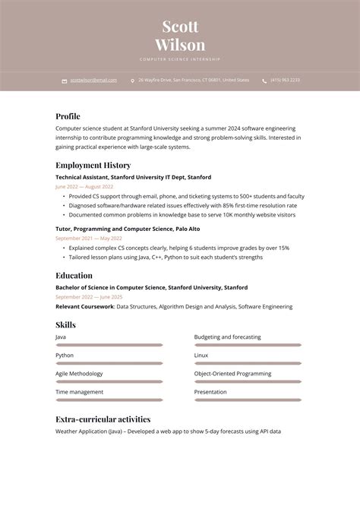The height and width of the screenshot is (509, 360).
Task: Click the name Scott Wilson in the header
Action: pos(180,36)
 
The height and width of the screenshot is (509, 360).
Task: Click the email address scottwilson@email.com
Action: pos(93,80)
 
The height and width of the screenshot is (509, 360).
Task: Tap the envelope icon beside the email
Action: pos(64,81)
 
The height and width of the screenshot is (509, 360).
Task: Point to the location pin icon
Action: pos(132,81)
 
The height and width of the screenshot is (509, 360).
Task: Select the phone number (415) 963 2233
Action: pos(285,80)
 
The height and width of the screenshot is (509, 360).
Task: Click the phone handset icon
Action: pos(264,81)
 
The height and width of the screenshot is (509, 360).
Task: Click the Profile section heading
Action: pos(68,116)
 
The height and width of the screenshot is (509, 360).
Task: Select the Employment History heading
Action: pos(93,165)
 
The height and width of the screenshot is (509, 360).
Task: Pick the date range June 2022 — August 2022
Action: pos(84,186)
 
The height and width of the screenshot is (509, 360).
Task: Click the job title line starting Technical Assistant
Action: pos(133,176)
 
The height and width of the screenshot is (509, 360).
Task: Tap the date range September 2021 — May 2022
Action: pos(89,238)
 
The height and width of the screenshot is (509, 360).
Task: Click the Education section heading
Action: pos(74,275)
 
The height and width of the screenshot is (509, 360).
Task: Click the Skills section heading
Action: pos(65,324)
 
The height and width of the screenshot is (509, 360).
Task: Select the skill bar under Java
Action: pos(109,345)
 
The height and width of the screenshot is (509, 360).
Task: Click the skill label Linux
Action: pos(201,355)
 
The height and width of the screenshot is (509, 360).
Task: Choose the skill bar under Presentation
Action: pos(248,400)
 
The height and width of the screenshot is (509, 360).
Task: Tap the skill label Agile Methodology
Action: pos(79,373)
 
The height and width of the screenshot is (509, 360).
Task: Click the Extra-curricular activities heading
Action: pos(103,419)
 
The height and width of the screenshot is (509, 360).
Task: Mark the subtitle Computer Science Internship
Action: pos(180,58)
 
